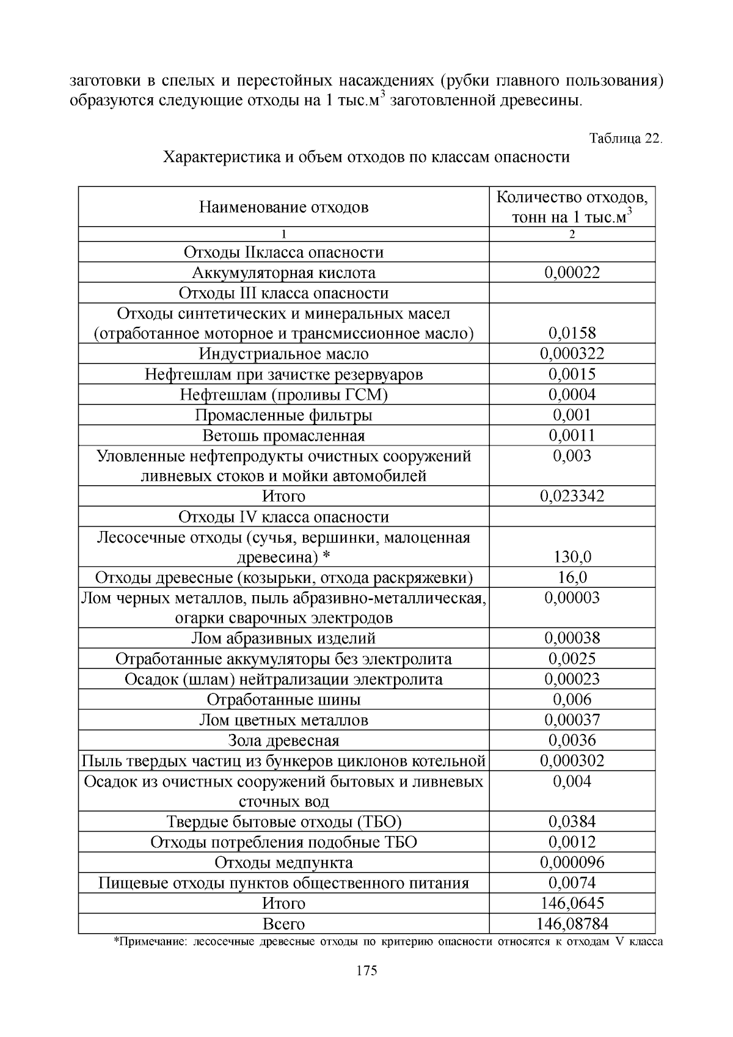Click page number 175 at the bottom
pos(366,970)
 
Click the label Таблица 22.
pos(625,138)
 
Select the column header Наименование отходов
pos(283,207)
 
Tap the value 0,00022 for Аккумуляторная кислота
pos(572,273)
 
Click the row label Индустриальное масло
pos(283,354)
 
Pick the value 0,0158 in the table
pos(572,333)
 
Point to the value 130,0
pos(572,557)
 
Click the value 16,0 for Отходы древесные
pos(572,577)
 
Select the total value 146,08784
pos(572,923)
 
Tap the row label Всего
pos(283,923)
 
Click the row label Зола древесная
pos(283,741)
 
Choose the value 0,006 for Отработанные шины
pos(572,700)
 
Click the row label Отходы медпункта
pos(283,862)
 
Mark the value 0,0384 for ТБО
pos(572,822)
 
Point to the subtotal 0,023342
pos(572,496)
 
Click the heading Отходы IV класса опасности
pos(283,517)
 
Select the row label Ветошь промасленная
pos(283,436)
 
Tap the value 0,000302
pos(572,761)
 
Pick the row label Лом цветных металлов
pos(283,720)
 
